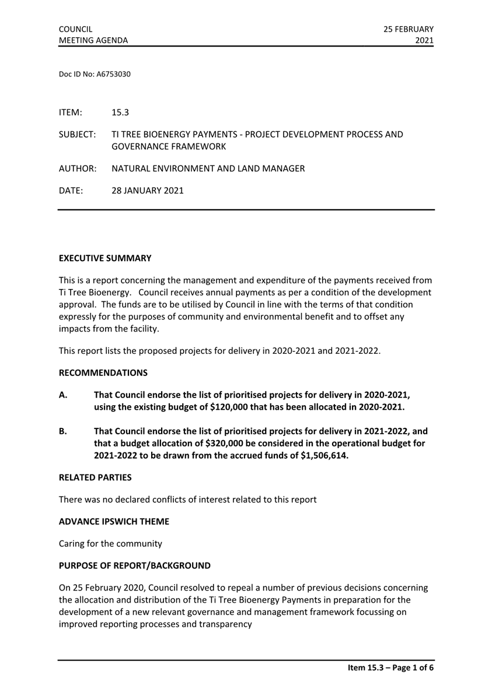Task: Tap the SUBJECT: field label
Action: pos(77,135)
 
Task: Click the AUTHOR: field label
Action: pos(77,169)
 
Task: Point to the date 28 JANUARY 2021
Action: pos(147,190)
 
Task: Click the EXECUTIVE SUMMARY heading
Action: pos(105,258)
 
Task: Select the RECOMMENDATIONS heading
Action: pos(103,372)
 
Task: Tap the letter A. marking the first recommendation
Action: pos(63,395)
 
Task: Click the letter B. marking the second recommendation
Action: pos(63,431)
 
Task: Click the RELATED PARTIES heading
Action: pos(95,477)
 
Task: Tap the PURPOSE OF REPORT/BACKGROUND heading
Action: pos(135,566)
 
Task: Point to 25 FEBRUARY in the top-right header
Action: pos(409,29)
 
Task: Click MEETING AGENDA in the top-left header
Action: pos(93,40)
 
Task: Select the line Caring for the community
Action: pos(110,544)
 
